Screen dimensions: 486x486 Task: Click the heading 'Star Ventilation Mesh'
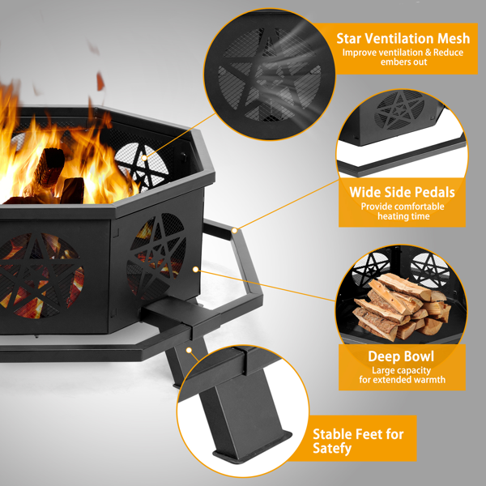pyautogui.click(x=403, y=38)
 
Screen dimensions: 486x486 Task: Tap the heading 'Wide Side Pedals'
pyautogui.click(x=402, y=192)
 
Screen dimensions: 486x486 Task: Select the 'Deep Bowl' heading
pyautogui.click(x=401, y=356)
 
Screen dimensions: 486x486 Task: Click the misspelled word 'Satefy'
pyautogui.click(x=332, y=448)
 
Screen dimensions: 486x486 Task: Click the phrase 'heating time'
pyautogui.click(x=403, y=216)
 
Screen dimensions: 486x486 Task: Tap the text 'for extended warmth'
pyautogui.click(x=402, y=379)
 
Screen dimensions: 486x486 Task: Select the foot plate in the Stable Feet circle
pyautogui.click(x=252, y=446)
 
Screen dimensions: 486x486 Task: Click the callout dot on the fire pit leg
pyautogui.click(x=189, y=350)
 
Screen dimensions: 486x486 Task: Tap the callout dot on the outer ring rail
pyautogui.click(x=235, y=230)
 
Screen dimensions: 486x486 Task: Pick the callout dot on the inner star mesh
pyautogui.click(x=144, y=158)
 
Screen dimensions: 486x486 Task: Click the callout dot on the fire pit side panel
pyautogui.click(x=195, y=270)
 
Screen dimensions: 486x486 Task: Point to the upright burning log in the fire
pyautogui.click(x=49, y=168)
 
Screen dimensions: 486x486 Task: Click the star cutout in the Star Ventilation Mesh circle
pyautogui.click(x=269, y=75)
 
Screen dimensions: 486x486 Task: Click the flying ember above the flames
pyautogui.click(x=100, y=82)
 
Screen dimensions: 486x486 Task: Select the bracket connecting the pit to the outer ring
pyautogui.click(x=181, y=318)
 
